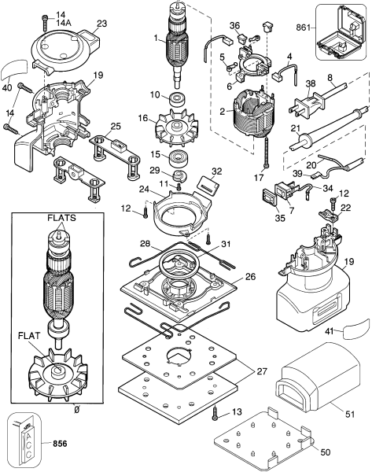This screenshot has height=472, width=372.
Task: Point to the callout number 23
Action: coord(101,24)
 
